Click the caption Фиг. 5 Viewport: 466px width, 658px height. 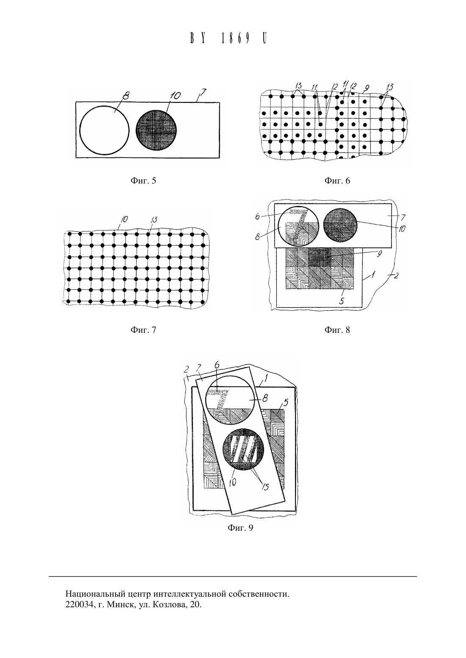[143, 181]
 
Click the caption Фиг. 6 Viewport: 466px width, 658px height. [337, 181]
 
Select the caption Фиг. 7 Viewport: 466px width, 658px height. [143, 330]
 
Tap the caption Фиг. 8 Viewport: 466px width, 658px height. [337, 330]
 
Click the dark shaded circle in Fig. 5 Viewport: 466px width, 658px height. [157, 131]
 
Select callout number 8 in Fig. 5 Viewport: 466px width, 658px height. [126, 96]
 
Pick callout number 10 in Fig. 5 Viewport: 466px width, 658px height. [175, 96]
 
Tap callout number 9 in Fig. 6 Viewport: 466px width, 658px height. [366, 88]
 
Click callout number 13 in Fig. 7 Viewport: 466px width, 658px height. [154, 219]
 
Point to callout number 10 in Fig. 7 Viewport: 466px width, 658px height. [124, 219]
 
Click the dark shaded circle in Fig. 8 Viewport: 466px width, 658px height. [340, 225]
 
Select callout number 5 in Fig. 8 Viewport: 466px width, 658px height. [341, 301]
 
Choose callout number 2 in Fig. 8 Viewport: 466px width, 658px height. [396, 276]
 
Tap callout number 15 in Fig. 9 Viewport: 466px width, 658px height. [265, 487]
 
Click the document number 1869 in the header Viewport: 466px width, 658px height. [235, 38]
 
